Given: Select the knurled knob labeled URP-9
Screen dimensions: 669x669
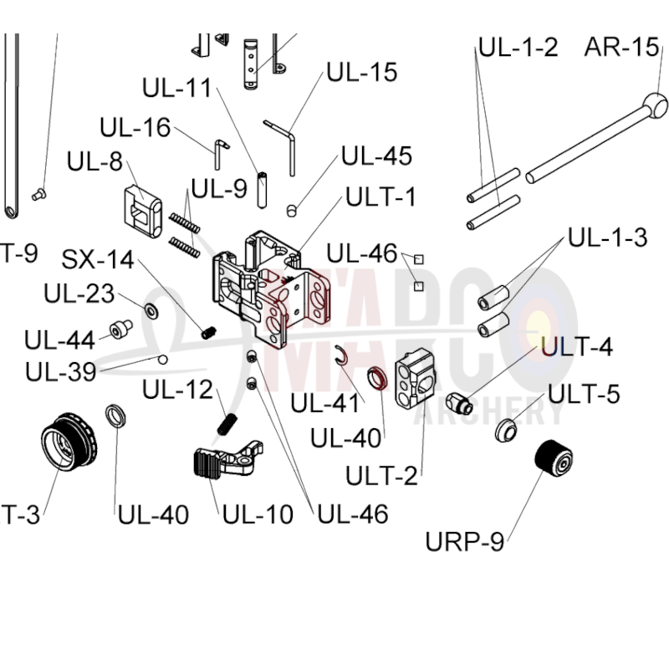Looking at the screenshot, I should click(552, 457).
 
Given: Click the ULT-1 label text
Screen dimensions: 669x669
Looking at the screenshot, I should click(381, 197).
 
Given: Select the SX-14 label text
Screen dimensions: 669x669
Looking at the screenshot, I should click(98, 259).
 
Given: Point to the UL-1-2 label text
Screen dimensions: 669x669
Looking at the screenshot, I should click(518, 47).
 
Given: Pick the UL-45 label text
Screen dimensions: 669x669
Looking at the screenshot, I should click(376, 156).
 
